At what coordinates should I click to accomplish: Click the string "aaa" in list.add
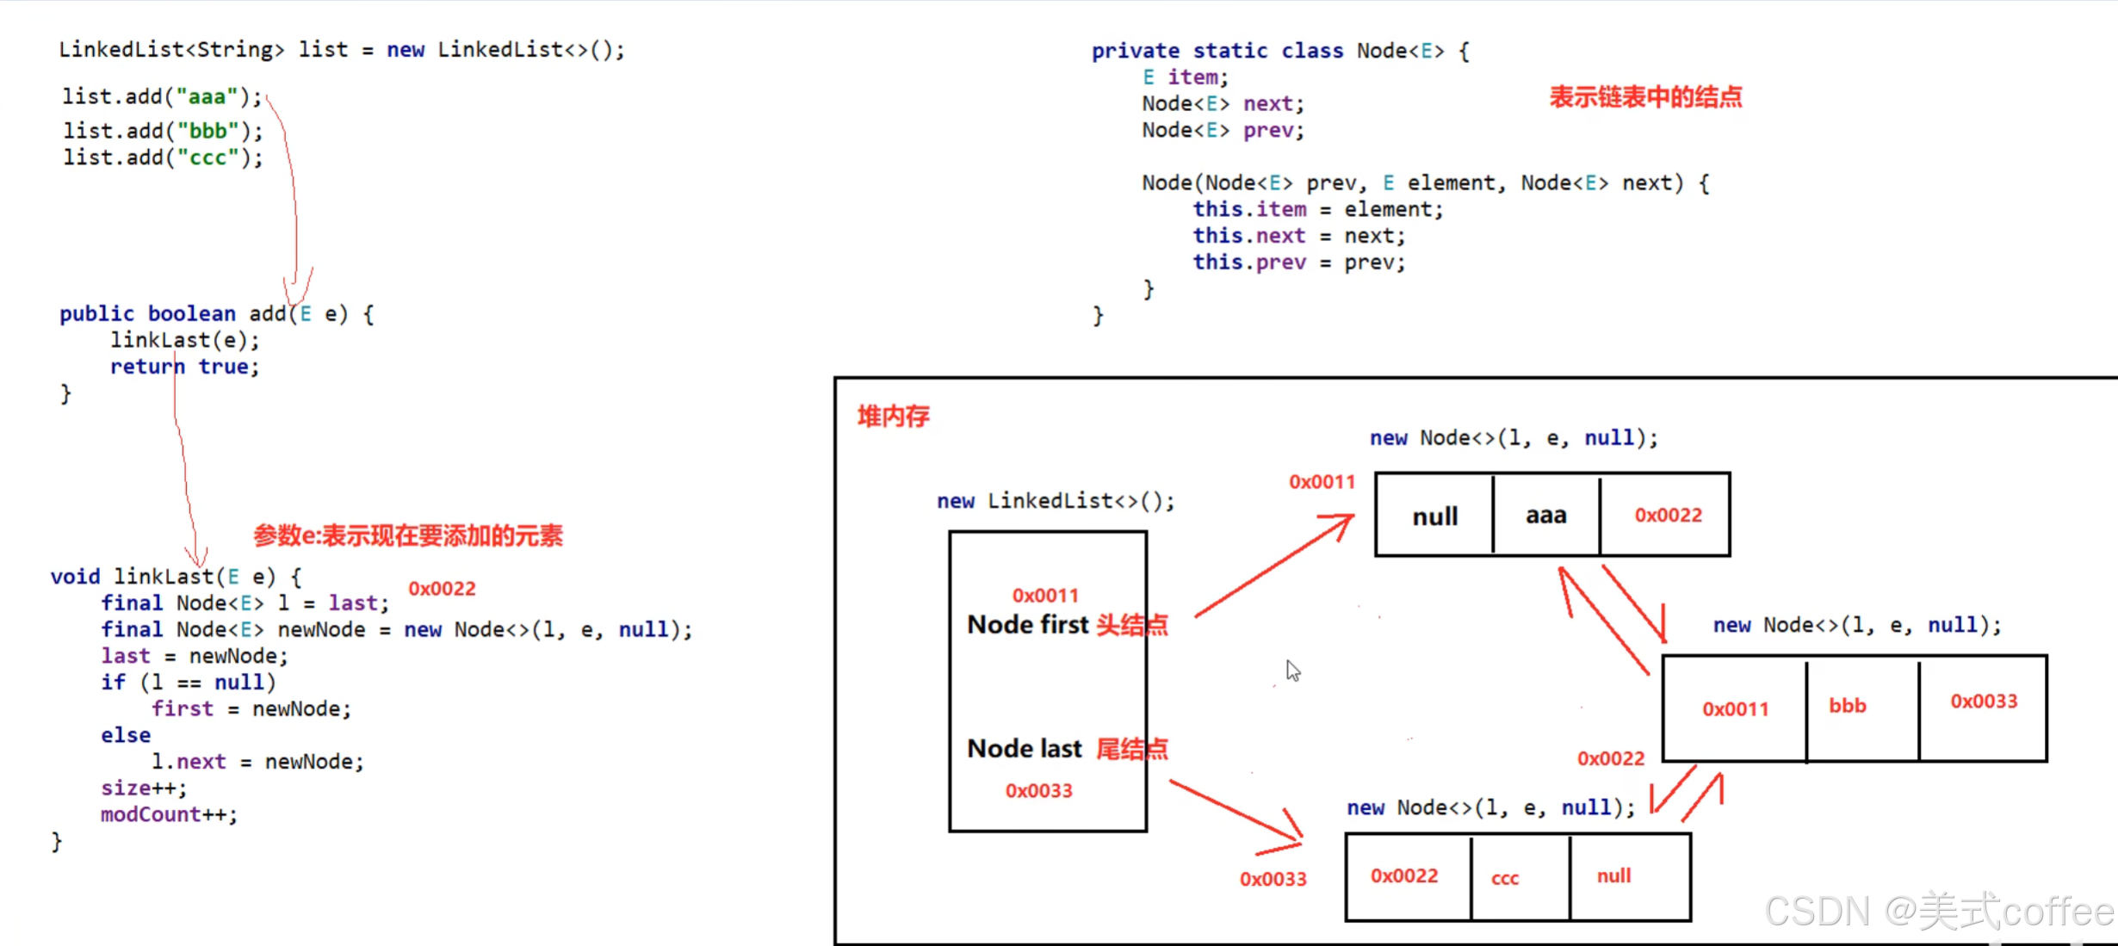click(207, 96)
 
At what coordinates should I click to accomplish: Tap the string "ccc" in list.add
click(207, 158)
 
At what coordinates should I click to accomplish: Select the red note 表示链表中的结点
click(1645, 96)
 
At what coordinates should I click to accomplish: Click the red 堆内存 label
click(894, 417)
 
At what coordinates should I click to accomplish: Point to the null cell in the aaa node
click(1434, 516)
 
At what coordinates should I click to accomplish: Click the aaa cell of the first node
click(1545, 516)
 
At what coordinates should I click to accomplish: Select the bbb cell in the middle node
click(1848, 706)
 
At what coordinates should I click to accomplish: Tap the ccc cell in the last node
click(1505, 878)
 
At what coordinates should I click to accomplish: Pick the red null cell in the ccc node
click(1613, 875)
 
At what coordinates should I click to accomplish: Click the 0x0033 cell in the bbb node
click(1984, 702)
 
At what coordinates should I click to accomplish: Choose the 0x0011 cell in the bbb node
click(1735, 708)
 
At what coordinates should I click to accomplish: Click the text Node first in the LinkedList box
click(1028, 625)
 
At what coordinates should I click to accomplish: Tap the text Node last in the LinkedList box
click(1025, 749)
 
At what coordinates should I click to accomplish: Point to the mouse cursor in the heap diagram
click(1292, 671)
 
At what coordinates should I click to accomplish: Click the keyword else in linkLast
click(126, 735)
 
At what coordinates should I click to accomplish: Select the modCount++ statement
click(169, 814)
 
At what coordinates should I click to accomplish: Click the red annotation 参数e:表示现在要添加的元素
click(408, 536)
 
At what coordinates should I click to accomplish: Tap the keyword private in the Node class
click(1135, 51)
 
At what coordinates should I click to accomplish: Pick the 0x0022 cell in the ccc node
click(1404, 875)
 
